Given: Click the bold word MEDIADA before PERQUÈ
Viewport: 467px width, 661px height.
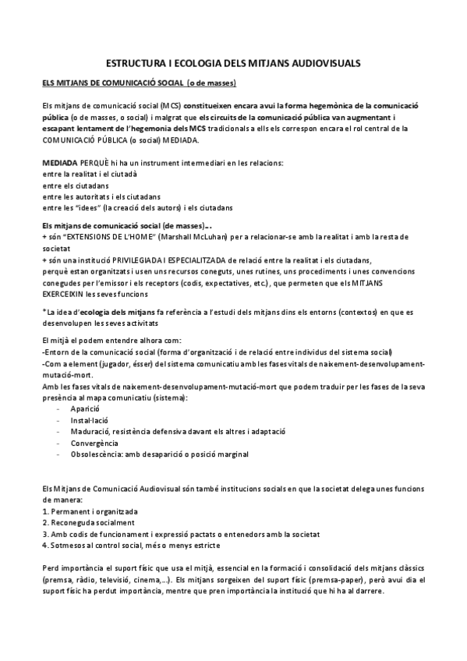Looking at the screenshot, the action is point(60,162).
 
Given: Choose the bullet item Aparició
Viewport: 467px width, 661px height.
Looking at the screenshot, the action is point(85,408).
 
